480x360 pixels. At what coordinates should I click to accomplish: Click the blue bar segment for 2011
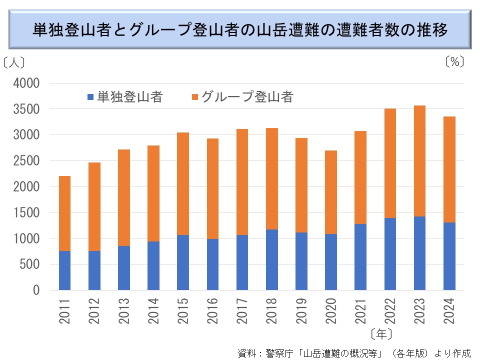tap(64, 270)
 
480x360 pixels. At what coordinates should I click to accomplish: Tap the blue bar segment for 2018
tap(271, 259)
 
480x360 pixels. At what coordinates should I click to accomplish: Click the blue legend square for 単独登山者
tap(90, 97)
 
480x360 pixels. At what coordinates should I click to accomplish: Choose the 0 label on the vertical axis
tap(36, 290)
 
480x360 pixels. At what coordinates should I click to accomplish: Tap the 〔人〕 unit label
tap(13, 63)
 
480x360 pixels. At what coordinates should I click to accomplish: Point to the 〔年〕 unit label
tap(381, 333)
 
